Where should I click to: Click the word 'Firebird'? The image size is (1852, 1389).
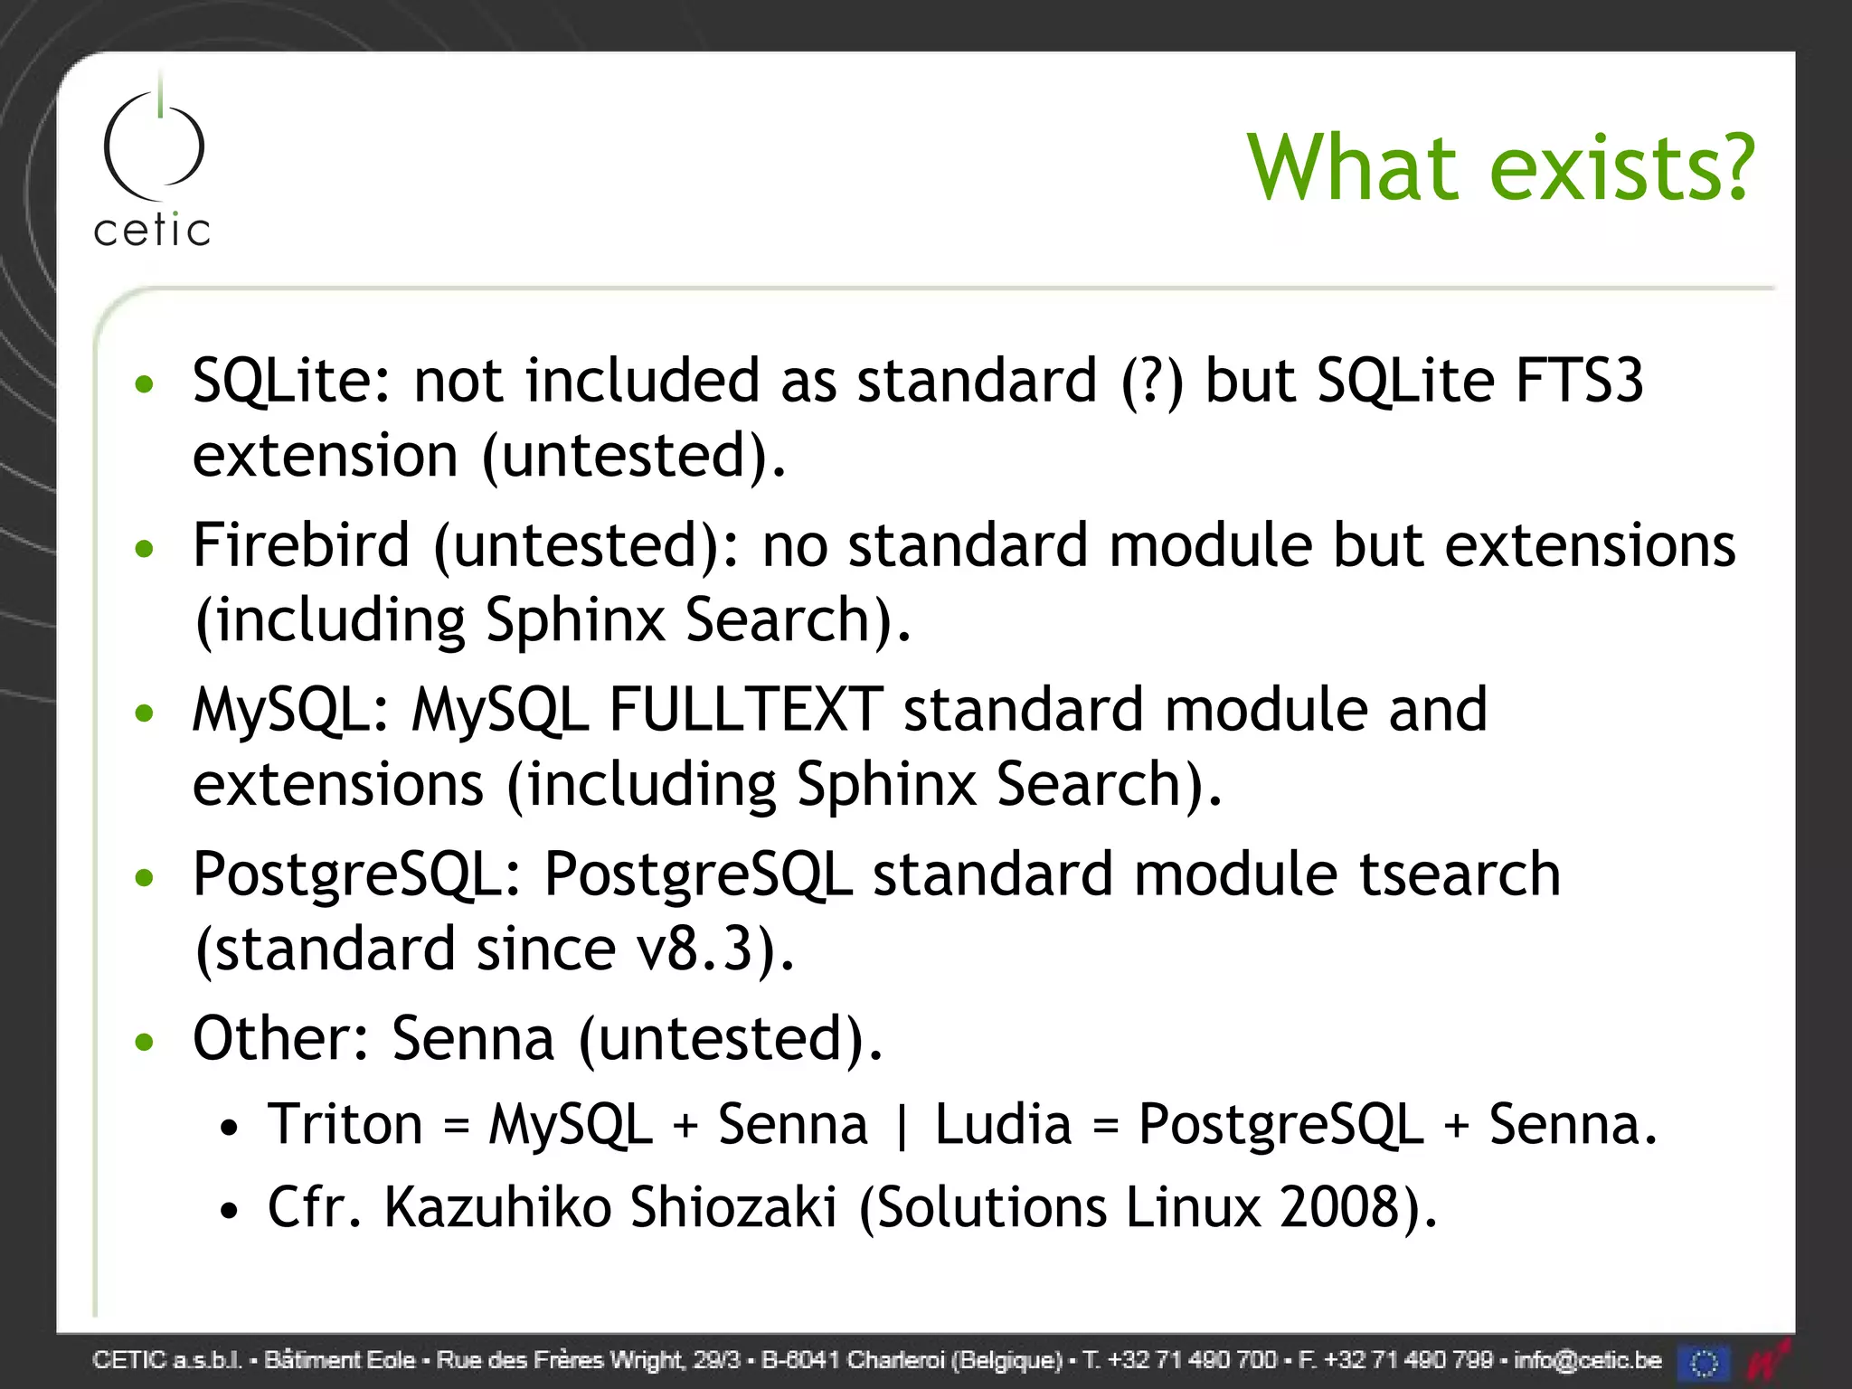301,545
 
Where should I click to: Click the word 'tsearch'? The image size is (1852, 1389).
1460,874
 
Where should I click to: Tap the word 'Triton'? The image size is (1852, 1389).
345,1125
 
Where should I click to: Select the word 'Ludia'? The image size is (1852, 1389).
1003,1125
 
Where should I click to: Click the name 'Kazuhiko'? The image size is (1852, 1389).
497,1207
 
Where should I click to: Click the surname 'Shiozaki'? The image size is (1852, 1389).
733,1207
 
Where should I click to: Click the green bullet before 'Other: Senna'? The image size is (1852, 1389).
144,1042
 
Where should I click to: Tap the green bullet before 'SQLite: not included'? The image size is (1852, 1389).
144,385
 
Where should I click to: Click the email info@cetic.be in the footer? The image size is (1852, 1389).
1587,1360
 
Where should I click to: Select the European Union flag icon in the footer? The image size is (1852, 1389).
1704,1362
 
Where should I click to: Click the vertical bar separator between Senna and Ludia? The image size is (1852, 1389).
901,1127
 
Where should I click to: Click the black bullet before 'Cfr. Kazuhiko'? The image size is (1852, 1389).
231,1211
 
